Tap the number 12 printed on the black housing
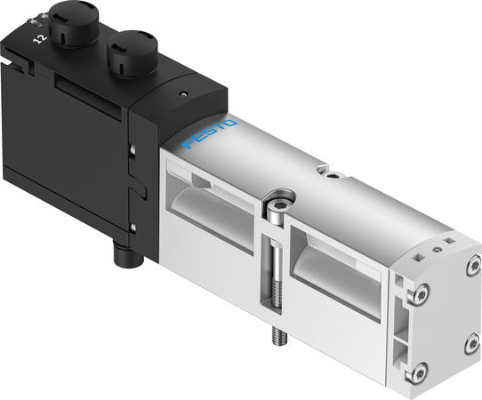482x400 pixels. tap(39, 38)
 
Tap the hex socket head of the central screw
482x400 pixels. tap(279, 195)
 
